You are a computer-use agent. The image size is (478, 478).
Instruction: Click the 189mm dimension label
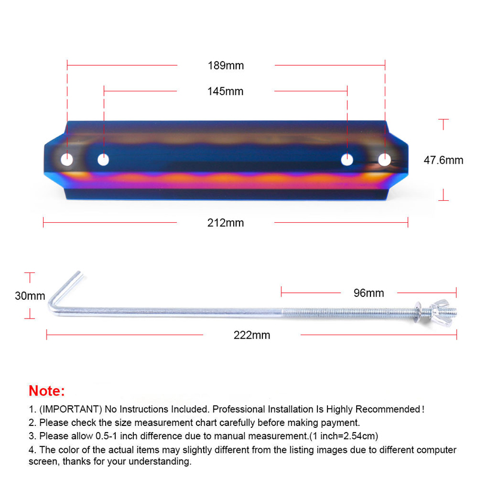click(x=226, y=66)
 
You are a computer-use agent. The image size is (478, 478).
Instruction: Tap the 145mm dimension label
click(x=225, y=91)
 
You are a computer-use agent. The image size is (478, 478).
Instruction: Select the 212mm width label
click(x=226, y=223)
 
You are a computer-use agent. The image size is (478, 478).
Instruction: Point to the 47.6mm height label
click(x=443, y=160)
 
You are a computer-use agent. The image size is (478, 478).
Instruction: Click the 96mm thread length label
click(x=369, y=293)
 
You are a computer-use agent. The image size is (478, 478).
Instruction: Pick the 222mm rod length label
click(x=252, y=335)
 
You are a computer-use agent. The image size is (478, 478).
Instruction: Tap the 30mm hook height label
click(x=30, y=296)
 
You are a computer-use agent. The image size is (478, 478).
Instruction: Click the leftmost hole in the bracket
click(x=67, y=160)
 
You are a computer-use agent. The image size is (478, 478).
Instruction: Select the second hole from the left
click(x=103, y=160)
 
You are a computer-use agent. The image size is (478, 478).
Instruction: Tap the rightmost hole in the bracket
click(x=384, y=160)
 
